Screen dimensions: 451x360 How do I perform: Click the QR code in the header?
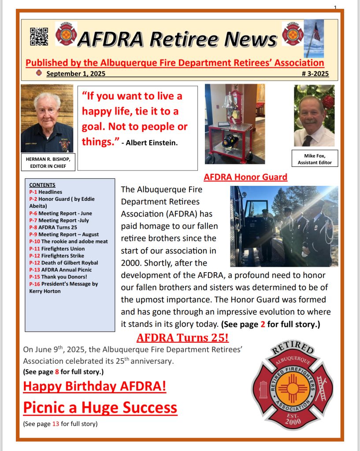coord(39,36)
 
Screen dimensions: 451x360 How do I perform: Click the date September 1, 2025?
coord(76,74)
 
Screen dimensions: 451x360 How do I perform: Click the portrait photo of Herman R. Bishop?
coord(47,118)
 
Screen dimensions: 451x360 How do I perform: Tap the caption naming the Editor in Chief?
coord(48,162)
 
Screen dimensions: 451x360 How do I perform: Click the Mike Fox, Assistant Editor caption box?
coord(315,159)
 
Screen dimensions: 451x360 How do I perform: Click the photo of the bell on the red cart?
coord(235,124)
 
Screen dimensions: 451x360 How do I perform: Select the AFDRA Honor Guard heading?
coord(245,177)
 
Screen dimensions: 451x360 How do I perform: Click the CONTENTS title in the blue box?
coord(42,185)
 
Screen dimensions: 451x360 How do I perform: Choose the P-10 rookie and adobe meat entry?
coord(68,241)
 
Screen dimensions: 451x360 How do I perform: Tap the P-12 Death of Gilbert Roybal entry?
coord(63,262)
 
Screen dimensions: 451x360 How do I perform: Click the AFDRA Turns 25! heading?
coord(182,338)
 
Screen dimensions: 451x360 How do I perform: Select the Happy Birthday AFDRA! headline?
coord(95,387)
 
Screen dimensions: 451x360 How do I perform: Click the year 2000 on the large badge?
coord(293,421)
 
